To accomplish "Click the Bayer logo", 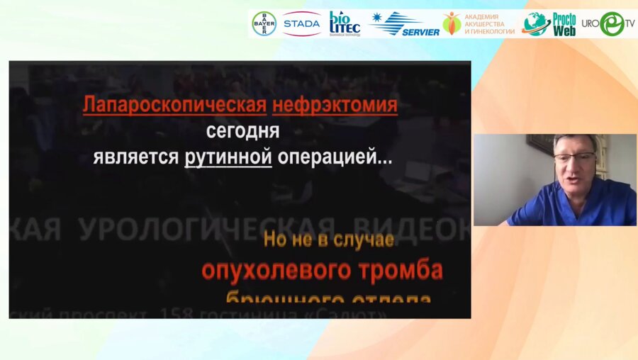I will tap(264, 23).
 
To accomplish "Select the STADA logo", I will tap(301, 23).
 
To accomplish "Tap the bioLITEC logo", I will tap(345, 23).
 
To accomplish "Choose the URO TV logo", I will tap(608, 23).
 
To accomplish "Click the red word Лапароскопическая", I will tap(174, 106).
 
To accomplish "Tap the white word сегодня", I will tap(243, 131).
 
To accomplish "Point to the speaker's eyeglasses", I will tap(574, 157).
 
